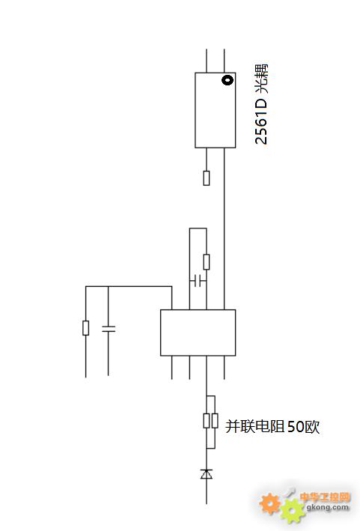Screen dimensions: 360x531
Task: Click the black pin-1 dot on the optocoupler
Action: [228, 80]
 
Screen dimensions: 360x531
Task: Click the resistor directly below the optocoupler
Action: [207, 178]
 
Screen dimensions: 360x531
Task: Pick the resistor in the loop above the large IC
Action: [207, 262]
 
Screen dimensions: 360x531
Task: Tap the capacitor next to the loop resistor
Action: [198, 281]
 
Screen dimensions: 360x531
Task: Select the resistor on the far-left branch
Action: [86, 328]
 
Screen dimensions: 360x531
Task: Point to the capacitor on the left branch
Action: [109, 329]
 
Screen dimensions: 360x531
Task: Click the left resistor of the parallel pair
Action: [207, 421]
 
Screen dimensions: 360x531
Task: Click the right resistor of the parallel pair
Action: [215, 421]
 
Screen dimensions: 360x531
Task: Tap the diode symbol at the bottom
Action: [207, 474]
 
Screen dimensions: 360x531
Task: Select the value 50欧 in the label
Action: [304, 426]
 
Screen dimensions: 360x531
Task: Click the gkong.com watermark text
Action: [328, 507]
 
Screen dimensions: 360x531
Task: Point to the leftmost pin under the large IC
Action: [172, 368]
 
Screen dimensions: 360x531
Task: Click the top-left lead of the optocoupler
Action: [207, 61]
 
